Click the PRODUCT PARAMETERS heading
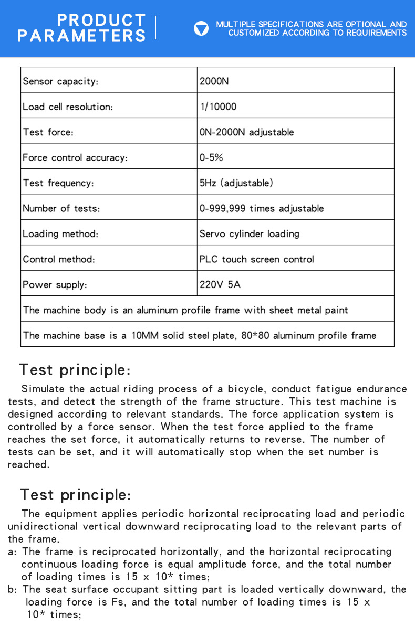click(x=81, y=28)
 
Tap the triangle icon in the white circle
click(x=201, y=28)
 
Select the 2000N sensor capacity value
click(x=214, y=81)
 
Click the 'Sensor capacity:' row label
click(x=60, y=81)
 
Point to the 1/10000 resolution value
click(x=218, y=107)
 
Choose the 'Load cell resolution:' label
click(x=68, y=107)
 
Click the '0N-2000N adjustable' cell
click(x=246, y=132)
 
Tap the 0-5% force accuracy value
click(x=211, y=157)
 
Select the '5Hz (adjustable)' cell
click(x=236, y=183)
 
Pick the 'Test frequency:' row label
click(x=58, y=183)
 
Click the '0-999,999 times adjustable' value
click(x=261, y=208)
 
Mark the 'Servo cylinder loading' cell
click(x=249, y=233)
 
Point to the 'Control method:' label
click(x=59, y=259)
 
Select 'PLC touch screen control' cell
click(x=256, y=259)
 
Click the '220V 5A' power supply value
click(x=220, y=285)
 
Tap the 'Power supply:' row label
click(x=55, y=285)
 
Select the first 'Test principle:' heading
click(x=75, y=370)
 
